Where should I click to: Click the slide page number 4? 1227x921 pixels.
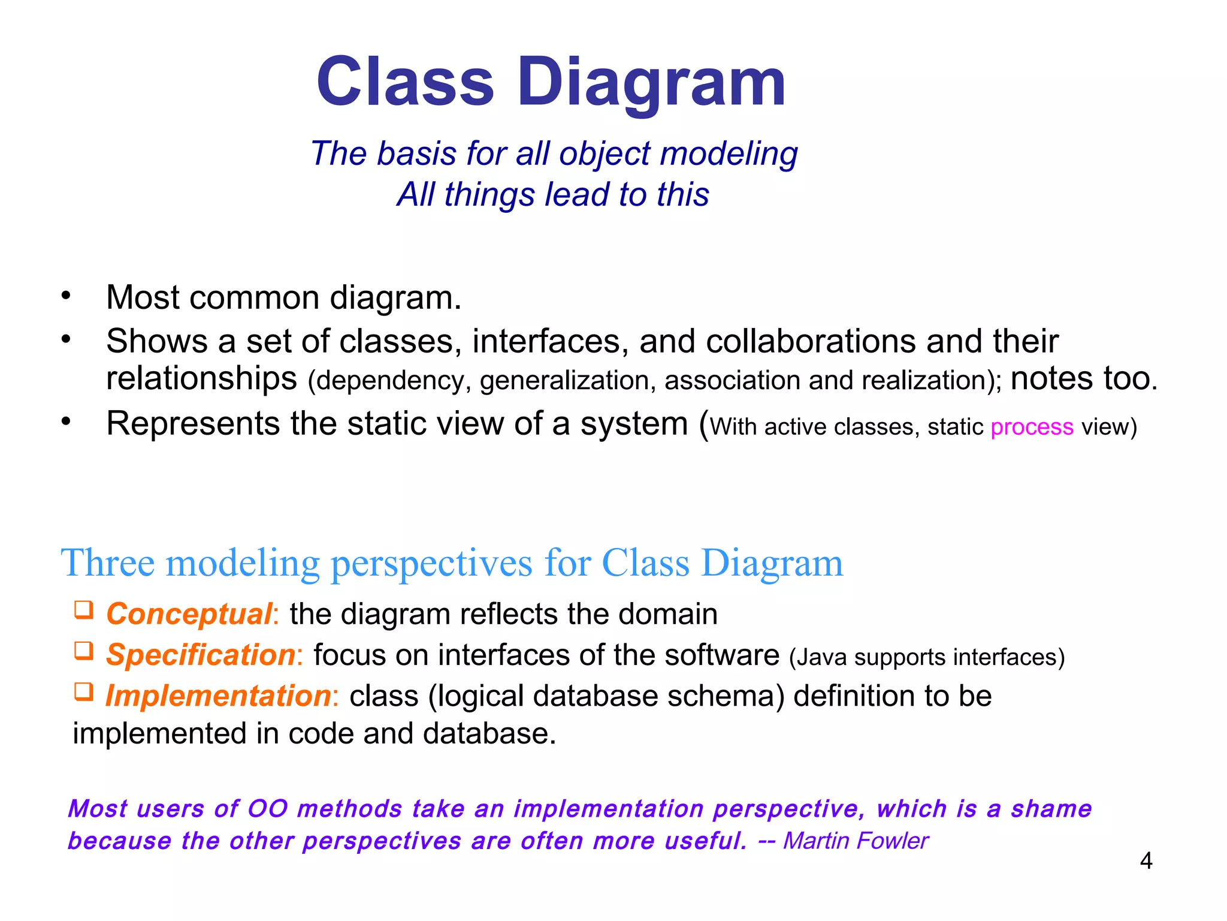(1146, 861)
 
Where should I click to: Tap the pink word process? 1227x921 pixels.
(1032, 427)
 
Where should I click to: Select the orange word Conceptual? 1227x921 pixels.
(189, 615)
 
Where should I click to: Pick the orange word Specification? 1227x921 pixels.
(200, 655)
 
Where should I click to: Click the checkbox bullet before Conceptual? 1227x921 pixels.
(84, 610)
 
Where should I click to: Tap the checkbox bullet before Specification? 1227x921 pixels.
(84, 651)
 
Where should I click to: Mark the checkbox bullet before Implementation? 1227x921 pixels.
(84, 692)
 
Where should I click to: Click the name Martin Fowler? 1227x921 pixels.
(855, 841)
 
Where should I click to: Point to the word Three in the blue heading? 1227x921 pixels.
(108, 564)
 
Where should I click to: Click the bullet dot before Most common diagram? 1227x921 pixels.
(66, 296)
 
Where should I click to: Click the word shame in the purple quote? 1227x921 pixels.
(1051, 809)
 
